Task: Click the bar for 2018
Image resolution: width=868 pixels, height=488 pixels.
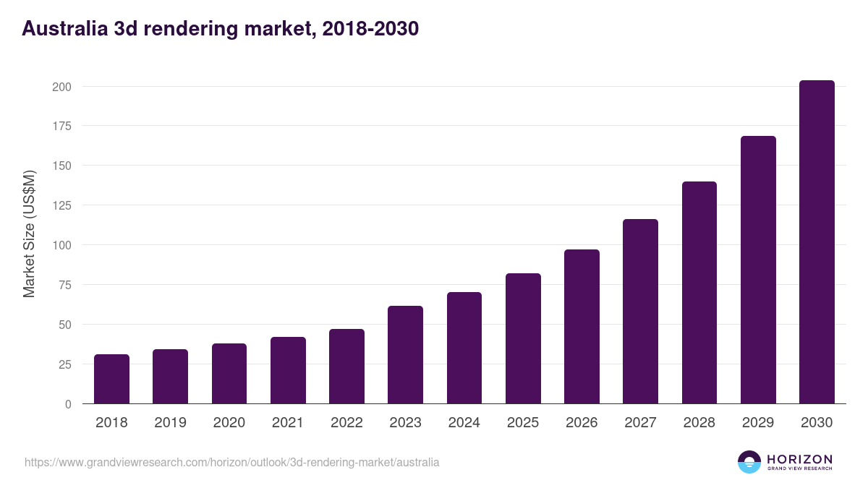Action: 111,380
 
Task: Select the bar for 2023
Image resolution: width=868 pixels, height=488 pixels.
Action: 405,355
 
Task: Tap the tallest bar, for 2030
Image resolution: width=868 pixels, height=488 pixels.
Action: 817,242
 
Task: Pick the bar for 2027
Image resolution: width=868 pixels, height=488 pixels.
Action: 640,312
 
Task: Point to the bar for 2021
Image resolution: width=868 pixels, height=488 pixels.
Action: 288,370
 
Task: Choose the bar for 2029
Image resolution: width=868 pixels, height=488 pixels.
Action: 758,270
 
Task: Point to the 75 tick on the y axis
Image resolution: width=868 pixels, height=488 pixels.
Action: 64,285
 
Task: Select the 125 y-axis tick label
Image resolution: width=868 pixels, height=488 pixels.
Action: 61,205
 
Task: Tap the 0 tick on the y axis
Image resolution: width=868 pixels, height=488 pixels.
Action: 68,404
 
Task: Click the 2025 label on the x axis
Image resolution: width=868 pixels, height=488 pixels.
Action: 523,423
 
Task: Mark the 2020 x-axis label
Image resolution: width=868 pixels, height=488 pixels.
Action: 229,423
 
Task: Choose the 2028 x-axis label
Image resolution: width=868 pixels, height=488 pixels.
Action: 699,423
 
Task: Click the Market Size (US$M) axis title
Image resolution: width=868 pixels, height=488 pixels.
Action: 29,233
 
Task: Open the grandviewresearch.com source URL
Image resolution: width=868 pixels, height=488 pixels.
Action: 231,462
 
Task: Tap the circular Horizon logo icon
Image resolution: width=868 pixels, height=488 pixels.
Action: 749,462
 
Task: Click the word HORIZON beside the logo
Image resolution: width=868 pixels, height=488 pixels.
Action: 799,458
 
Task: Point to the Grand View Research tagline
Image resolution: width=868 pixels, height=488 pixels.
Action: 799,468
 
